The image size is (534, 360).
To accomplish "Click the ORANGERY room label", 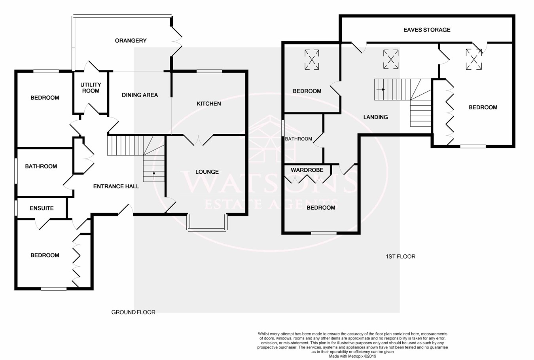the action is (x=131, y=41).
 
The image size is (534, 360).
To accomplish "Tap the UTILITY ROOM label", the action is (x=91, y=88).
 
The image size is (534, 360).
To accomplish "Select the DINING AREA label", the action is (x=140, y=95).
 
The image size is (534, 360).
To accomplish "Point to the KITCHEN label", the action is (x=209, y=104).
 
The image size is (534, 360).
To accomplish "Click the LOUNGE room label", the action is (x=207, y=172).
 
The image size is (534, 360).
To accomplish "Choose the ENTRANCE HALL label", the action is (x=116, y=186).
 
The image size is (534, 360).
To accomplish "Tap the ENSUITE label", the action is (x=42, y=208).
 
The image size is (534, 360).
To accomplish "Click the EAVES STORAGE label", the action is (x=427, y=30).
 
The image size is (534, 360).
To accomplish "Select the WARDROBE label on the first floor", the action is (x=307, y=170).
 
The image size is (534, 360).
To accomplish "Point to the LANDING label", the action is (x=376, y=117).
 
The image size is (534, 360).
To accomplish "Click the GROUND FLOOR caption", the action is (x=133, y=312).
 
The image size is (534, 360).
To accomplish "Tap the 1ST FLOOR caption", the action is (x=400, y=256).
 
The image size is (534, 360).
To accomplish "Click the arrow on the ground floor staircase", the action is (x=154, y=175).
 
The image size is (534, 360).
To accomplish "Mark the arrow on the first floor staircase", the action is (x=381, y=90).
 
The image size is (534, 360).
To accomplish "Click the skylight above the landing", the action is (x=391, y=59).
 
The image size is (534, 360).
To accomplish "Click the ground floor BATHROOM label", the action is (x=41, y=167).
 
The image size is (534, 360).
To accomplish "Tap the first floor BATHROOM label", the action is (x=299, y=139).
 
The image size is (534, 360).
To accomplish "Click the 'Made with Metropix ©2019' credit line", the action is (x=352, y=356).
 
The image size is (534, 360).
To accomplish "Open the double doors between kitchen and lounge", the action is (x=198, y=140).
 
